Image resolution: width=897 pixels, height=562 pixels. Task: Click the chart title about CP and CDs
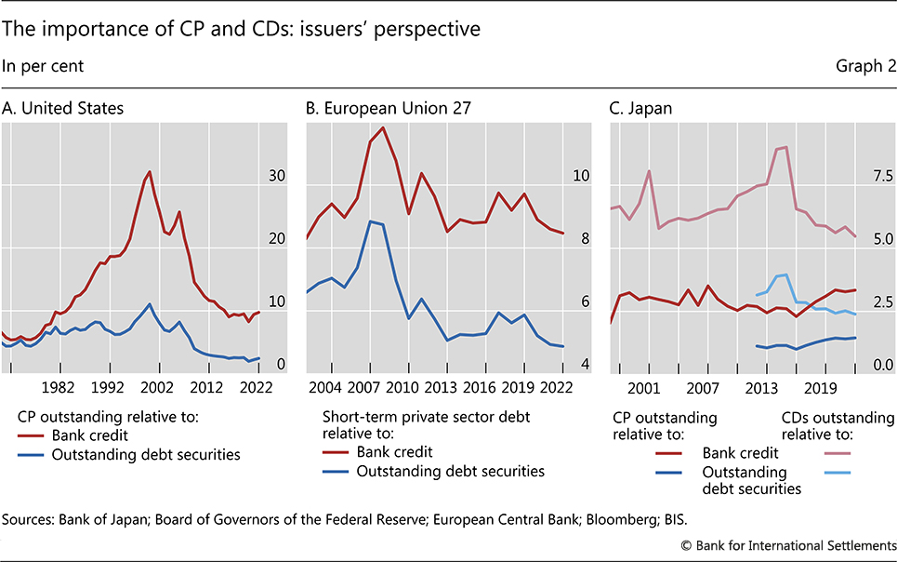click(x=241, y=29)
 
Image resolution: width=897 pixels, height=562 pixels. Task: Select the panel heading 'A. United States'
click(x=62, y=108)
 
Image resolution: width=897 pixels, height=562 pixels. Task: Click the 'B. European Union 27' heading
click(x=389, y=108)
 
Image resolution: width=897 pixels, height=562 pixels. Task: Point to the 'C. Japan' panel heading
click(x=640, y=108)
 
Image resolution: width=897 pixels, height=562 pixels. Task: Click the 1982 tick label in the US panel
click(x=58, y=387)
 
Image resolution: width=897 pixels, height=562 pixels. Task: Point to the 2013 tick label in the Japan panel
click(x=762, y=387)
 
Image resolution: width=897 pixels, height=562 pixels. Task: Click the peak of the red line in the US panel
click(x=150, y=171)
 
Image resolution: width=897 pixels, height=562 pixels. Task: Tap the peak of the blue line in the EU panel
click(x=370, y=221)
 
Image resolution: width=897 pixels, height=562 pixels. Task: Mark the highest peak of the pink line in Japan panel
click(x=786, y=147)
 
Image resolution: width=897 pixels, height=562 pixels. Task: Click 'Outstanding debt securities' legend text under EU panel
click(x=451, y=471)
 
